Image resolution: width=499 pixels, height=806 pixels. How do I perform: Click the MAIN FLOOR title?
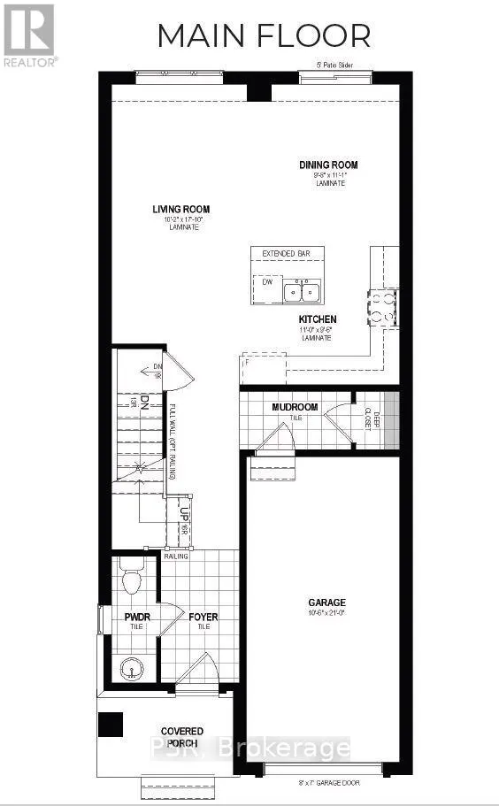coord(264,35)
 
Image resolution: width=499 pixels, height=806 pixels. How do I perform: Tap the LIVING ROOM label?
coord(180,210)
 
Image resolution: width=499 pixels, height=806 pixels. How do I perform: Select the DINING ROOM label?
coord(327,165)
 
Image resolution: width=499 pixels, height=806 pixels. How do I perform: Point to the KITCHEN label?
coord(317,319)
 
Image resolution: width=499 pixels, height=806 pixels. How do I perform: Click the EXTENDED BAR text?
coord(287,254)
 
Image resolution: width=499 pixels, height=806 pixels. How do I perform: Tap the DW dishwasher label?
coord(265,281)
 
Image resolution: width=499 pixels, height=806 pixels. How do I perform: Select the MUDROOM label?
coord(295,407)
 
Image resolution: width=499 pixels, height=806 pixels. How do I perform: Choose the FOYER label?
coord(203,617)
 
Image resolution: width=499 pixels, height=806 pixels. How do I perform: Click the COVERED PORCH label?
coord(181,736)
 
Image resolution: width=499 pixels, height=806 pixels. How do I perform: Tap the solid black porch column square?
coord(111,725)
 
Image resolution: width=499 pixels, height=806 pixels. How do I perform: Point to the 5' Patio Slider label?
coord(338,64)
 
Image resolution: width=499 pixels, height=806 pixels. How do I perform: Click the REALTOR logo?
coord(30,35)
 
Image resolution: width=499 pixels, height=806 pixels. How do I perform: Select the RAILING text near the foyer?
coord(176,557)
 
